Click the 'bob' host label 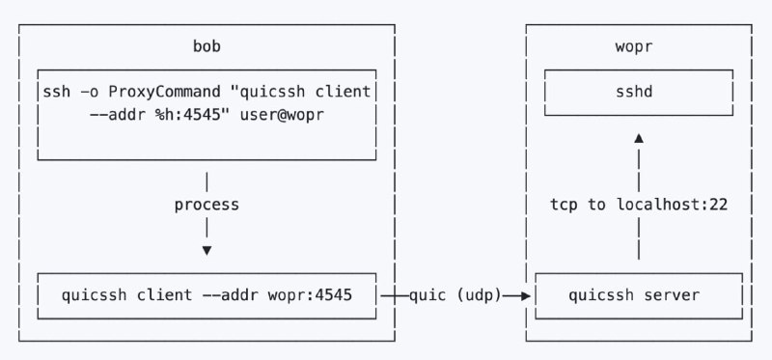pos(206,46)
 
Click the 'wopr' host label pos(638,46)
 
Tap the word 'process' pos(206,206)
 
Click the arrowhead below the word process pos(206,251)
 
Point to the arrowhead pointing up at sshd pos(638,139)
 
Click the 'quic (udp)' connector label pos(455,295)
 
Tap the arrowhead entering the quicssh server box pos(526,296)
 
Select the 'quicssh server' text pos(638,295)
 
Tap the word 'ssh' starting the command pos(56,92)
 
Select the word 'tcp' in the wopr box pos(565,206)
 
